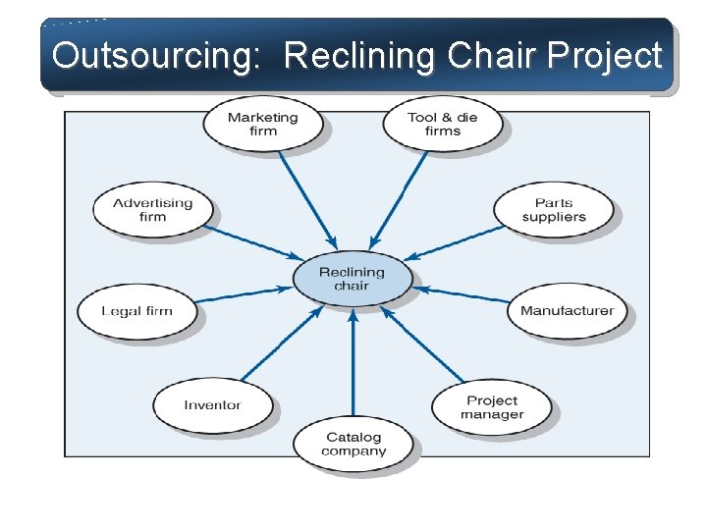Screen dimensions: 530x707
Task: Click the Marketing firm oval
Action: [x=262, y=124]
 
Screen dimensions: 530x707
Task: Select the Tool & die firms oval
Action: [x=442, y=124]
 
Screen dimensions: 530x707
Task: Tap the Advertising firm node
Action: [x=152, y=209]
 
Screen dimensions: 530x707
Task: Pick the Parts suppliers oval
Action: [x=554, y=210]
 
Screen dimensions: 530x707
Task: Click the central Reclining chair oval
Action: [x=353, y=279]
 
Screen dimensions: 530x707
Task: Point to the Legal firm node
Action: [x=136, y=311]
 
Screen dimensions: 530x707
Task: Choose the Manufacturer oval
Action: [x=567, y=311]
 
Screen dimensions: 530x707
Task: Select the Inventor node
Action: [x=212, y=404]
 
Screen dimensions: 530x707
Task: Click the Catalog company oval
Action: [x=353, y=445]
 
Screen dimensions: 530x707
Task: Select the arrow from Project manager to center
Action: [x=422, y=344]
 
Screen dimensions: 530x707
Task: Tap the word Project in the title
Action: [x=608, y=56]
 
